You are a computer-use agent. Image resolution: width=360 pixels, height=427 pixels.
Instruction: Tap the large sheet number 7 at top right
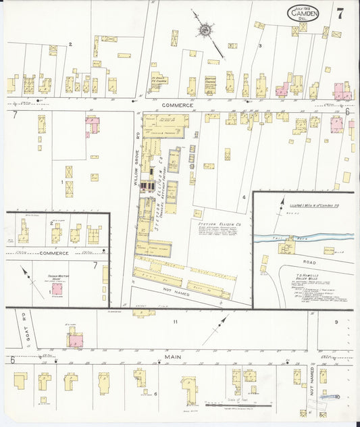tap(339, 13)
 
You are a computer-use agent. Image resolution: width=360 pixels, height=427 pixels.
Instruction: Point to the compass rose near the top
tap(205, 30)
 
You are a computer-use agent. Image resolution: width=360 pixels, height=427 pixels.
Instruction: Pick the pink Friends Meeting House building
tap(57, 288)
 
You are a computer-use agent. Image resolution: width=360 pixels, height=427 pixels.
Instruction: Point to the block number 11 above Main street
tap(175, 322)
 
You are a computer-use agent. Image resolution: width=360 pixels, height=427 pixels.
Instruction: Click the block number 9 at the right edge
tap(336, 322)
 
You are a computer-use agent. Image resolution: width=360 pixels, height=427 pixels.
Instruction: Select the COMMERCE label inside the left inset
tap(54, 253)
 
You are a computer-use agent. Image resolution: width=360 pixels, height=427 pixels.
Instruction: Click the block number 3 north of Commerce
tap(260, 45)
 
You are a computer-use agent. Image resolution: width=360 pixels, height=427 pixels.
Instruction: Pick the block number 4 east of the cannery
tap(243, 197)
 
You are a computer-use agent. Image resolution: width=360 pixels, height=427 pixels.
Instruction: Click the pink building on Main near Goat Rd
tap(75, 341)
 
